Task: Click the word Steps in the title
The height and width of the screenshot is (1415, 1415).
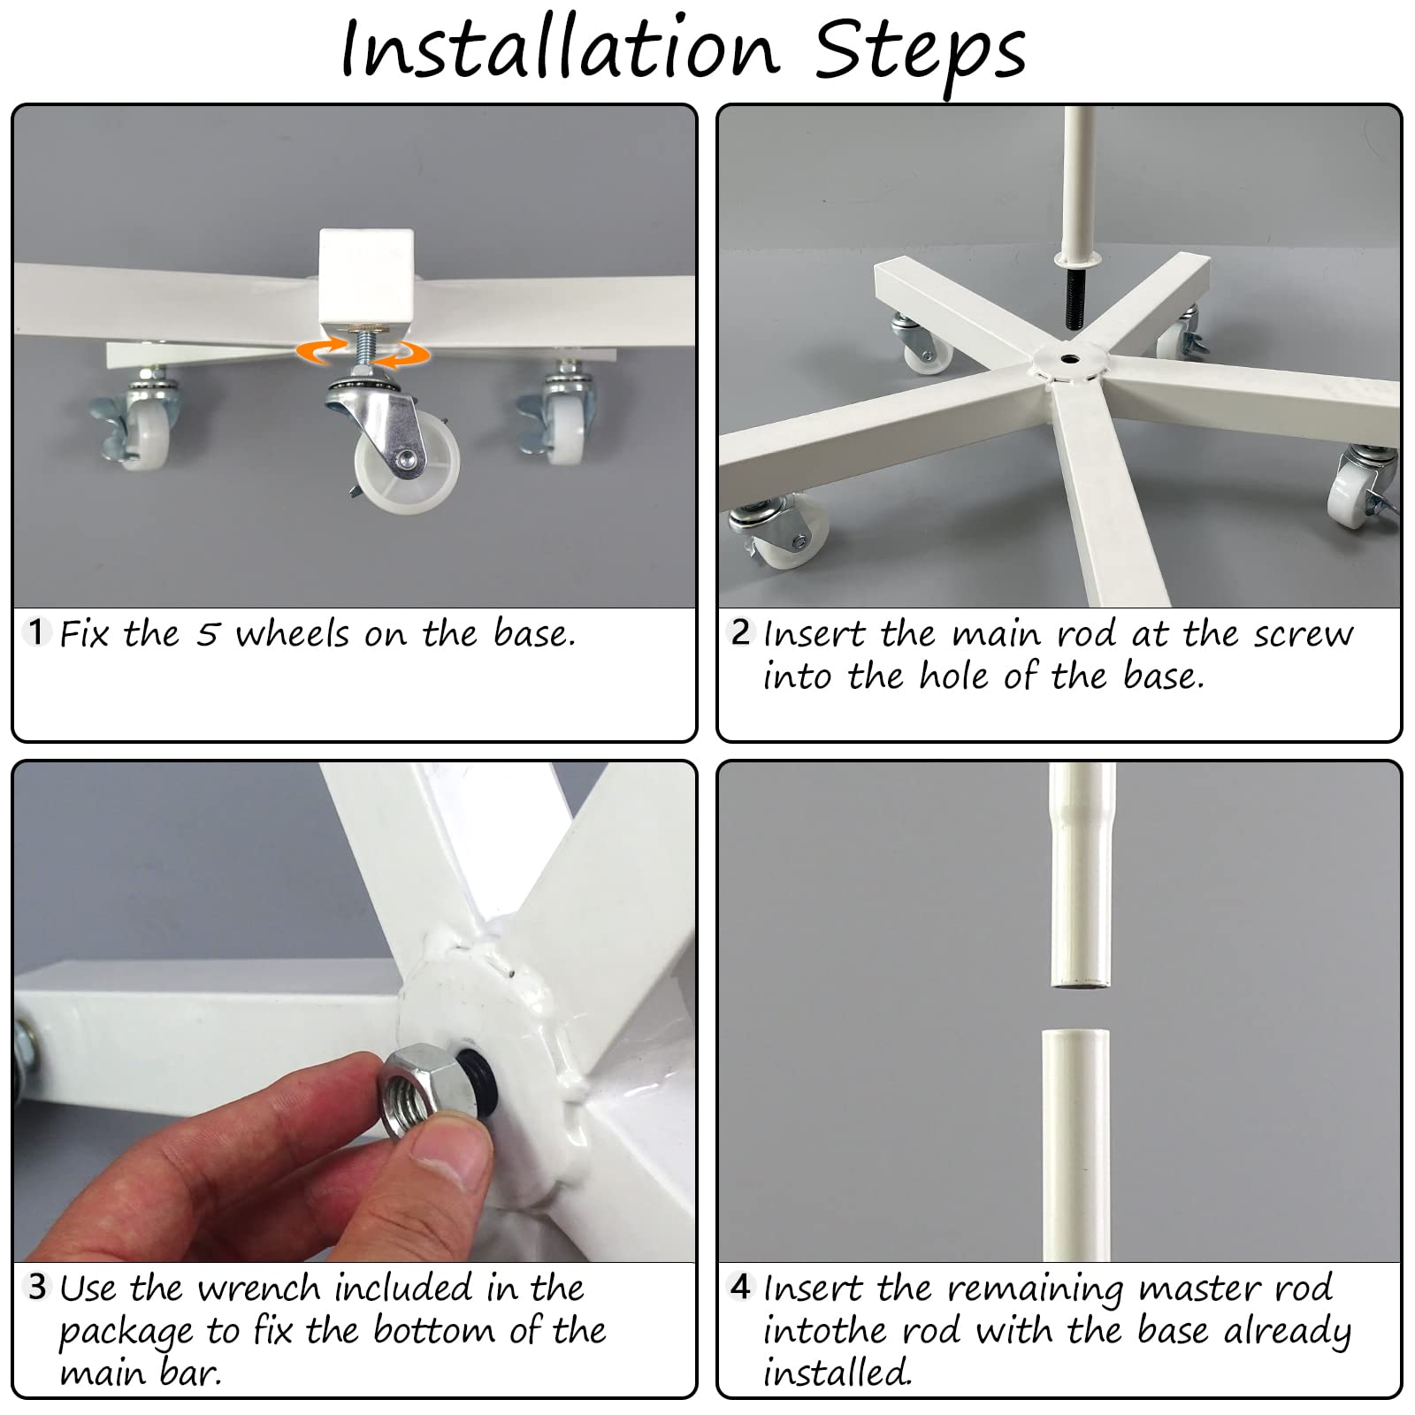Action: (x=920, y=52)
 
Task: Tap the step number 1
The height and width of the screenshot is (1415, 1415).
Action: (x=35, y=632)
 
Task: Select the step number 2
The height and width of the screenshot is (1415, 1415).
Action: (x=741, y=632)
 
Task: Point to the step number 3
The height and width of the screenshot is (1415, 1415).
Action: (x=36, y=1287)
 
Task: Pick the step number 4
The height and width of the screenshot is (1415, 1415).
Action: (x=741, y=1287)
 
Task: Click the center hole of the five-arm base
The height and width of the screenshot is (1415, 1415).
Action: (x=1068, y=360)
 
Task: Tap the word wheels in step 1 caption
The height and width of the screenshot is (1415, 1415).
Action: (x=291, y=634)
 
